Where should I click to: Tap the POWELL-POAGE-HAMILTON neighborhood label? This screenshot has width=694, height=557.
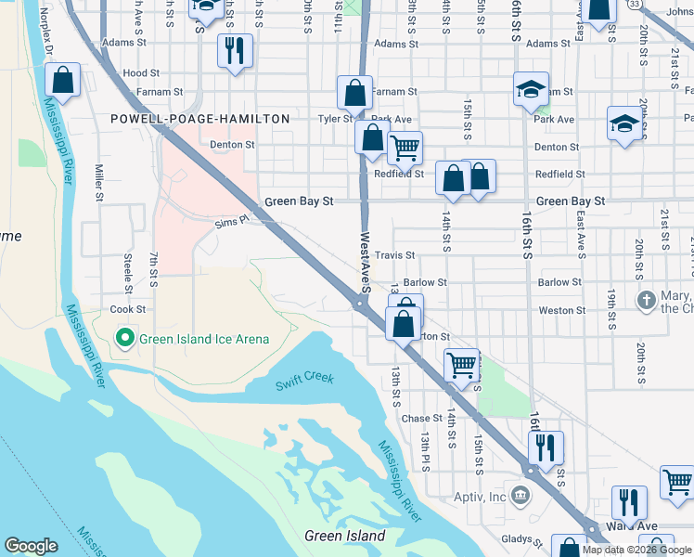click(x=200, y=119)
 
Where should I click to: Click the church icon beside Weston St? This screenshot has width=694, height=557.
click(x=648, y=301)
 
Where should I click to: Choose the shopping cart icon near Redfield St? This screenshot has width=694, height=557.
click(x=405, y=147)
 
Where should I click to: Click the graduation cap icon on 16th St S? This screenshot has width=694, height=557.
click(x=531, y=89)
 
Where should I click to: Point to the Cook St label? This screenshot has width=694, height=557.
click(x=128, y=309)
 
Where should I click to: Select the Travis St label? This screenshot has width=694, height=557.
click(x=395, y=254)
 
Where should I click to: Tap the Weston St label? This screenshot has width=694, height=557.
click(x=562, y=310)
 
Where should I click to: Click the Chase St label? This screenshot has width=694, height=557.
click(x=422, y=419)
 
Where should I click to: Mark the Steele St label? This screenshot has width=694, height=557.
click(x=128, y=269)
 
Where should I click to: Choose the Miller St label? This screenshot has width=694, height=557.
click(x=98, y=183)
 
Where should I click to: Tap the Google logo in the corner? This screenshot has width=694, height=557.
click(x=31, y=546)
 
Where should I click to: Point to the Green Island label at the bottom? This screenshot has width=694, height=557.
click(x=345, y=536)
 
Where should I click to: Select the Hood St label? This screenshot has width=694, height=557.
click(x=141, y=72)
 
